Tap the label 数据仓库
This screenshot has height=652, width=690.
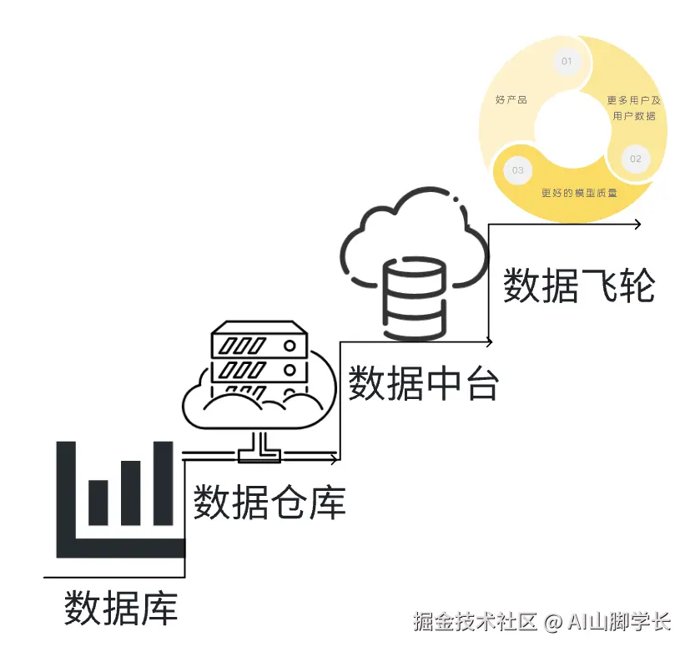click(x=269, y=502)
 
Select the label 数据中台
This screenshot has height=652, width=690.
click(x=423, y=382)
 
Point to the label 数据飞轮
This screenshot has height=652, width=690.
click(x=578, y=286)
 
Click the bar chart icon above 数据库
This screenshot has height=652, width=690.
click(x=119, y=499)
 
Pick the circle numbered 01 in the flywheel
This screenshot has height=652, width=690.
click(x=567, y=62)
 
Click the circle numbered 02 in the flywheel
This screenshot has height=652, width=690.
click(x=635, y=159)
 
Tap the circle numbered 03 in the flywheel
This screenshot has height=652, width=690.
click(x=517, y=170)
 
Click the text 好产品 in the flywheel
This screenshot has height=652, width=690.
click(x=511, y=100)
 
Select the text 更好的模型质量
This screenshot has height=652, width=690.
click(x=579, y=193)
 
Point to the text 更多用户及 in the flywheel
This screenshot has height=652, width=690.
click(x=633, y=100)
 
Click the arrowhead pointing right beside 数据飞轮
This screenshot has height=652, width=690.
click(x=637, y=224)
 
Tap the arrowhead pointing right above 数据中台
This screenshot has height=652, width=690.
click(x=488, y=341)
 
